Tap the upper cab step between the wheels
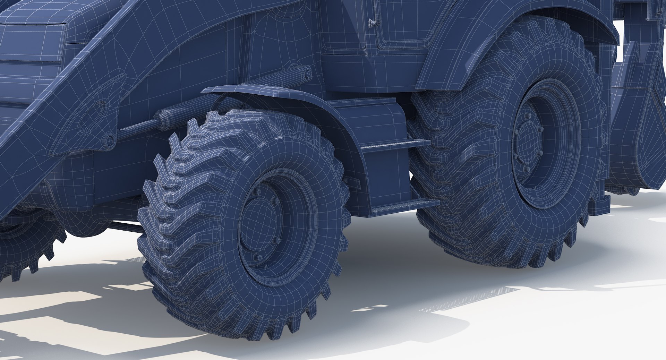click(x=395, y=145)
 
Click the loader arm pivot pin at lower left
click(x=110, y=140)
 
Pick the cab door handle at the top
click(x=373, y=22)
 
